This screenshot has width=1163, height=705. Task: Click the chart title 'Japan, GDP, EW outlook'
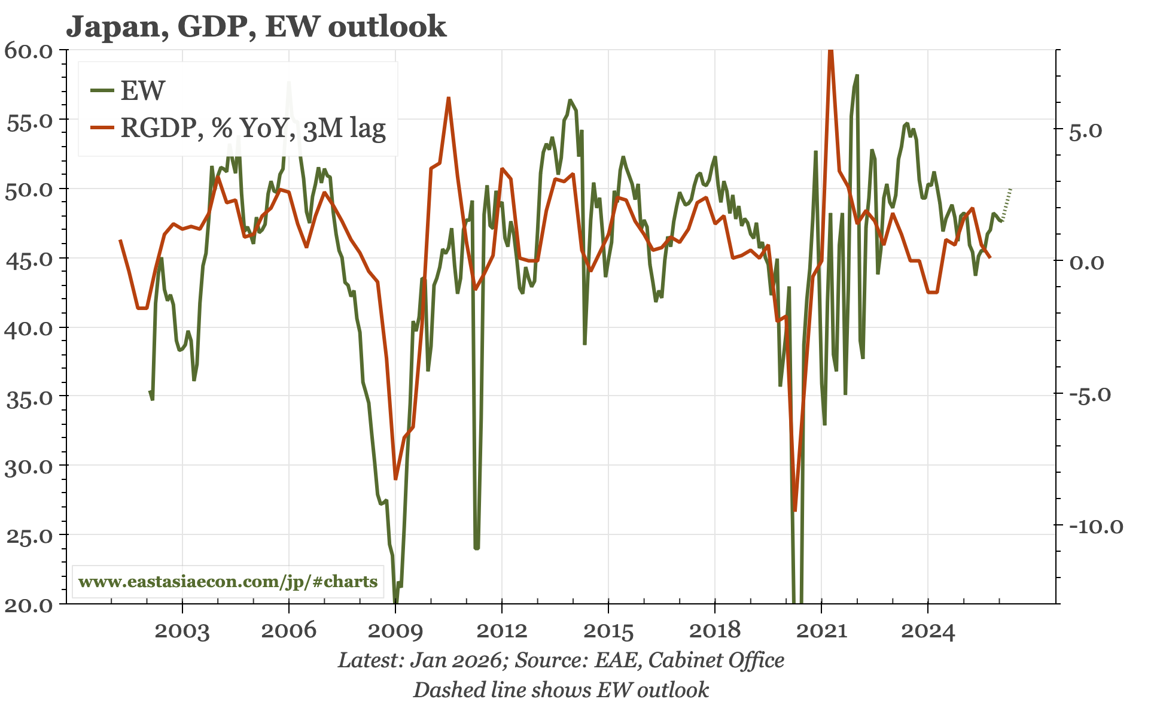(256, 26)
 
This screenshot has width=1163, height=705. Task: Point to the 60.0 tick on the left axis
(29, 50)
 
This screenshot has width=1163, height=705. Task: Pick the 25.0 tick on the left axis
(29, 536)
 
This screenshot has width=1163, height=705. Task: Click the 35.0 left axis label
(29, 397)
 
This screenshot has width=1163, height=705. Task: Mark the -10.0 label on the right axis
(1096, 527)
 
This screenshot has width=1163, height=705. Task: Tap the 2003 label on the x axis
(182, 631)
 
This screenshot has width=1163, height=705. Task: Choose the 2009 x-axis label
(395, 631)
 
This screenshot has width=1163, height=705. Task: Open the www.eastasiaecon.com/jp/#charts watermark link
(228, 582)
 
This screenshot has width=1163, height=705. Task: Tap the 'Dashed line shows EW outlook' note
(561, 690)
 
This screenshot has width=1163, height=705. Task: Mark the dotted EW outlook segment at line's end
(1006, 205)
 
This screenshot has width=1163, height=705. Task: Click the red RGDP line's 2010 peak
(448, 98)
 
